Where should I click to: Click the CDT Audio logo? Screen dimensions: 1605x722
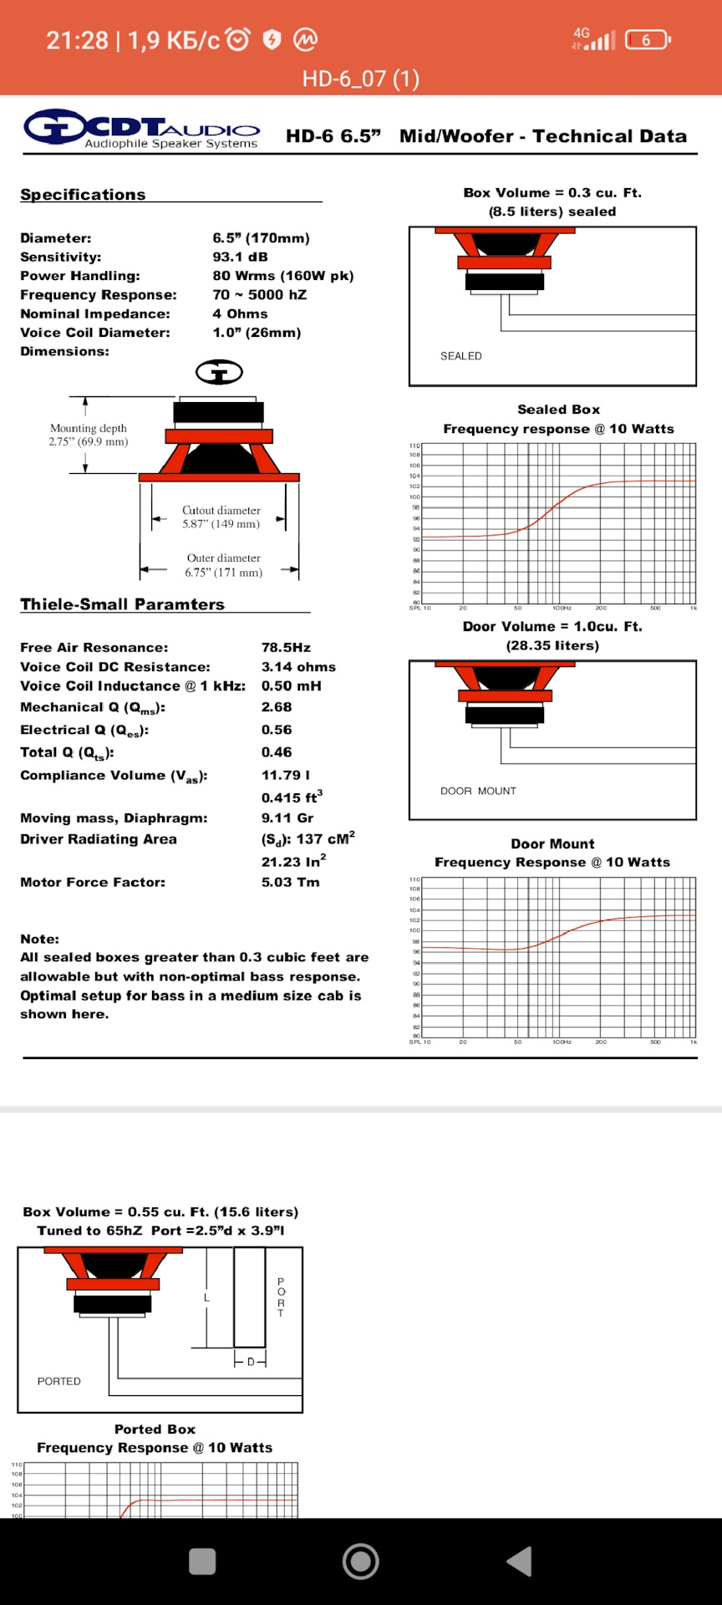point(142,130)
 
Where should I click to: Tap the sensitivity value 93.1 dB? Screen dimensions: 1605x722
point(240,257)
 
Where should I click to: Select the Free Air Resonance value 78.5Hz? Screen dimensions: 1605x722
point(286,647)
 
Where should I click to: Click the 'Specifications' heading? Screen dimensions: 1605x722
point(83,194)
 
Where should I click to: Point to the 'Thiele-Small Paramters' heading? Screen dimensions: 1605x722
point(122,604)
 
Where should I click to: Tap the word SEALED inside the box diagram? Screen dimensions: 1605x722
point(461,356)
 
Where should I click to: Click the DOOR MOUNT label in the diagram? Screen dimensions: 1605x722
point(478,791)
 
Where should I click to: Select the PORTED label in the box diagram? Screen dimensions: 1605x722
point(59,1381)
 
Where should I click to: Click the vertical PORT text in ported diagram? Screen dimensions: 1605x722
point(281,1297)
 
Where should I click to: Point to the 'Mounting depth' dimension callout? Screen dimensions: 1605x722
point(89,435)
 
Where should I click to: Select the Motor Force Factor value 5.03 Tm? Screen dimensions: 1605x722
point(290,882)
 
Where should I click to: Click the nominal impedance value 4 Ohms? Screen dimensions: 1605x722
point(240,313)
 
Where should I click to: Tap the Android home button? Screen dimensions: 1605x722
point(361,1561)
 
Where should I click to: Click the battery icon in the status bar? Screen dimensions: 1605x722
point(648,39)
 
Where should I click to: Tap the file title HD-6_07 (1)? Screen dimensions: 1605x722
point(361,79)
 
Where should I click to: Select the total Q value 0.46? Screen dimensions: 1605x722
point(277,752)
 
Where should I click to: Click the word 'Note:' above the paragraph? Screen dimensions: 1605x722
point(39,939)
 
